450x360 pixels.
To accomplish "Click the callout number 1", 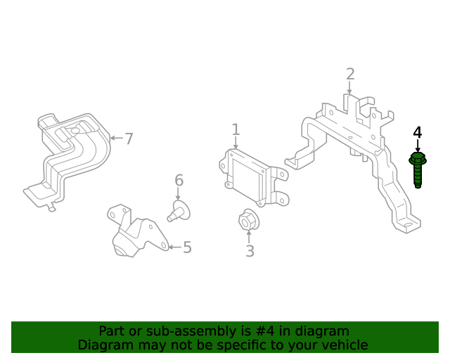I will (236, 129).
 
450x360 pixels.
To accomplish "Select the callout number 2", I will (350, 75).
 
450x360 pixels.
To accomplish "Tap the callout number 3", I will (250, 250).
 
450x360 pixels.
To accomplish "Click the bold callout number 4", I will (418, 132).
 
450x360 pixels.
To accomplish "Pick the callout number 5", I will (187, 247).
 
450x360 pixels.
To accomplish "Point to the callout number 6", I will (179, 181).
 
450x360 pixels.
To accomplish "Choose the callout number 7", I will (129, 139).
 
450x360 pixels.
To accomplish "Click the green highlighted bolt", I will (418, 169).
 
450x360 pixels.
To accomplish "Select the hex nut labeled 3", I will (248, 221).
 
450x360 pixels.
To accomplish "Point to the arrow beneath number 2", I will (349, 88).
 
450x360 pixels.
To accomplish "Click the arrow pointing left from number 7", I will (116, 139).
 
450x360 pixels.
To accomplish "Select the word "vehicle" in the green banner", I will (344, 345).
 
